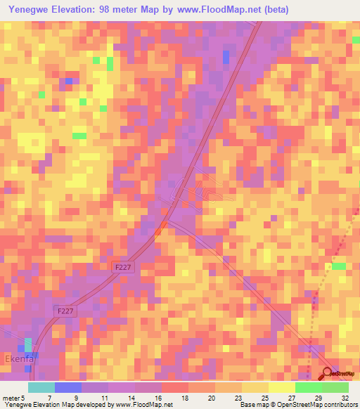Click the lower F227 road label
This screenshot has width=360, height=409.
click(x=64, y=309)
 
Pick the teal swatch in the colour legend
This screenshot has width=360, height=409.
click(x=41, y=387)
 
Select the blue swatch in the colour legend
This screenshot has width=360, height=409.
click(x=68, y=387)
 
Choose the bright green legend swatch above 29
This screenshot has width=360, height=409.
click(x=308, y=387)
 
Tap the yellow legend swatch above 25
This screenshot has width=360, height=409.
click(x=255, y=387)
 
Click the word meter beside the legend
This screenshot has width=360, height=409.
click(x=11, y=398)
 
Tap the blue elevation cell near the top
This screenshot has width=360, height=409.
click(x=226, y=56)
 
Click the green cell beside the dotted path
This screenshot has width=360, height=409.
click(x=339, y=266)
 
